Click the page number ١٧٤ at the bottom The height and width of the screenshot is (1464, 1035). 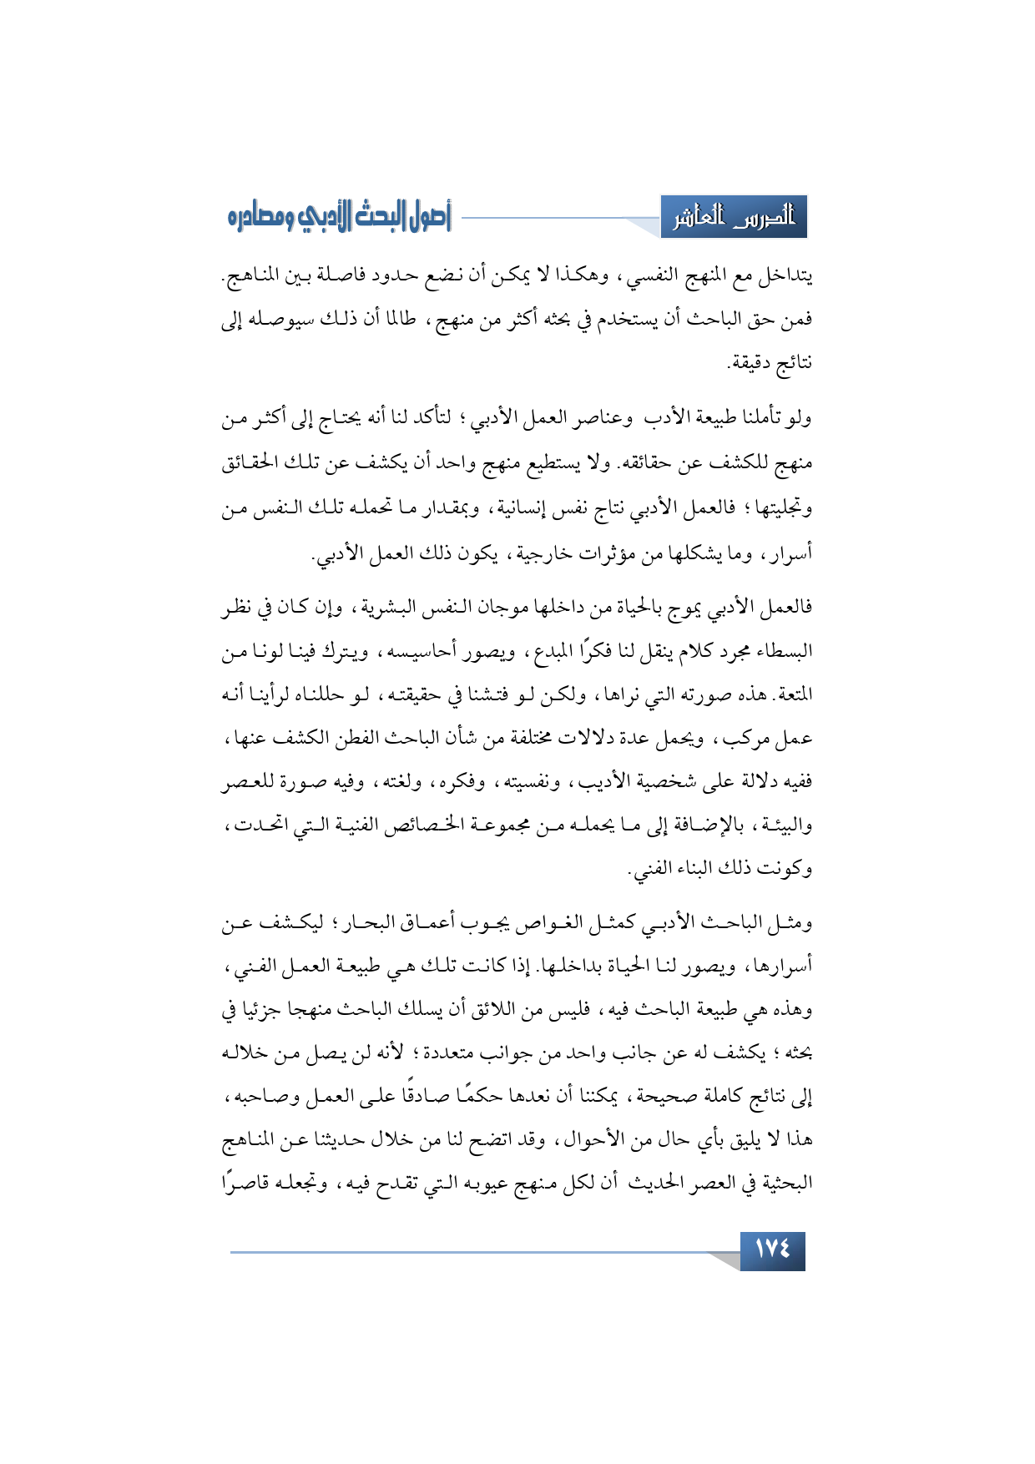click(x=772, y=1250)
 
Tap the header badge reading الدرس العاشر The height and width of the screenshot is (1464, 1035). click(x=734, y=219)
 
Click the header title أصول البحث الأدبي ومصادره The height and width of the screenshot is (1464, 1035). click(x=339, y=218)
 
